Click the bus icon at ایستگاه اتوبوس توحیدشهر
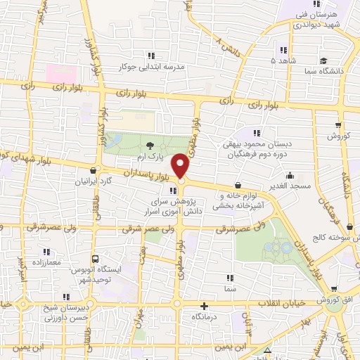click(95, 258)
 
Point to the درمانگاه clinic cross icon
click(204, 306)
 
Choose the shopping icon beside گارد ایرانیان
click(94, 169)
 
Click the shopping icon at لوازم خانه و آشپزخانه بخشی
click(247, 185)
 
